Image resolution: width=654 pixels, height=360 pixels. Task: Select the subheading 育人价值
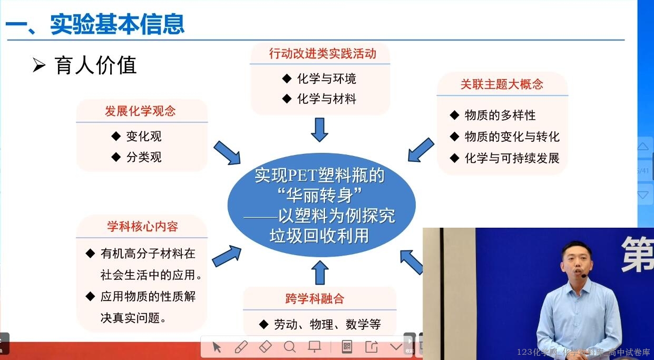[x=95, y=66]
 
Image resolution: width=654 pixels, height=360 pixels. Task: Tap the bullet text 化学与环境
[x=326, y=79]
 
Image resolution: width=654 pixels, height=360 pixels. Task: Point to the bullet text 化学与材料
[x=326, y=99]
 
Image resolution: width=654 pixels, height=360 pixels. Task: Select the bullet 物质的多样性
[x=500, y=115]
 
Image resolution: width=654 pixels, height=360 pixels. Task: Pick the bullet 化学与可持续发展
[x=512, y=158]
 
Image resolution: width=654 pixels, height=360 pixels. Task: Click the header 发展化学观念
[x=140, y=111]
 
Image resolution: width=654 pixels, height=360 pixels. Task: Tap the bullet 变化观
[x=143, y=137]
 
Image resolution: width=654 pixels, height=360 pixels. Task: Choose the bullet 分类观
[x=143, y=157]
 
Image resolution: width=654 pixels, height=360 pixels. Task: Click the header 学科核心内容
[x=142, y=227]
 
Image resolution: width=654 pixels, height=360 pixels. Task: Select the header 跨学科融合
[x=315, y=299]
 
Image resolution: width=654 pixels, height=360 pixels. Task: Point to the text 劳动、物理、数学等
[x=327, y=325]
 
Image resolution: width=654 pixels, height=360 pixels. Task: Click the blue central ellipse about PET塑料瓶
[x=321, y=205]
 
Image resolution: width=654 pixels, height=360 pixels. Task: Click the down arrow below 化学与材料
[x=319, y=129]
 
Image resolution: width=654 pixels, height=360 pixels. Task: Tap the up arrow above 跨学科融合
[x=319, y=273]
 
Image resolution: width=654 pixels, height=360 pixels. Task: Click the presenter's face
[x=573, y=259]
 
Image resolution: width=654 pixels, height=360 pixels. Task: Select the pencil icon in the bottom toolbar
[x=241, y=347]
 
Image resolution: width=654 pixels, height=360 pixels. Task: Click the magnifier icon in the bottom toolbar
[x=289, y=347]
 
